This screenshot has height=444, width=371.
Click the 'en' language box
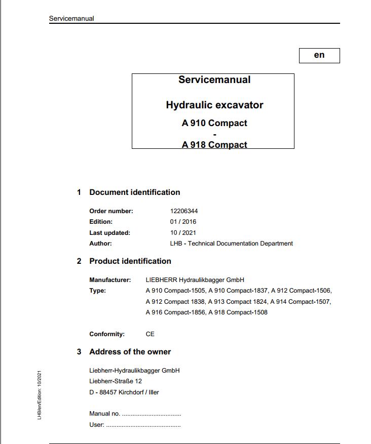[319, 55]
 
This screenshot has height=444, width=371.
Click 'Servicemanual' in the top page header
[71, 19]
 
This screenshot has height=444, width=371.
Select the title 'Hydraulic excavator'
[214, 105]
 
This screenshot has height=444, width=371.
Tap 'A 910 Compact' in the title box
[214, 123]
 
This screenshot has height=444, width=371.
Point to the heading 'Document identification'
[134, 192]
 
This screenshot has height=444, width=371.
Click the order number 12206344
[184, 211]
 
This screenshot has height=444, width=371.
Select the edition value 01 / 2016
[183, 222]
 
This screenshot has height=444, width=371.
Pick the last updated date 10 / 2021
[183, 233]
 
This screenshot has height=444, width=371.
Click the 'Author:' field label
[100, 244]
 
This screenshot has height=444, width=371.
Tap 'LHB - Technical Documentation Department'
[231, 244]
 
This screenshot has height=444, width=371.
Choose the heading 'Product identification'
[130, 261]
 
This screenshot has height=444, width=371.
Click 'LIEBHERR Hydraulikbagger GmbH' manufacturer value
[195, 280]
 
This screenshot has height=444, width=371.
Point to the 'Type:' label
[98, 291]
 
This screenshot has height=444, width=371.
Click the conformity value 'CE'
[150, 334]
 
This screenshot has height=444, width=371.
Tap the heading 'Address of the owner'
[130, 352]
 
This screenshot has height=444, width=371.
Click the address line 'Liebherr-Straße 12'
[116, 381]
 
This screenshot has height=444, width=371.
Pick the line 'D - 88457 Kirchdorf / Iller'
[124, 392]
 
